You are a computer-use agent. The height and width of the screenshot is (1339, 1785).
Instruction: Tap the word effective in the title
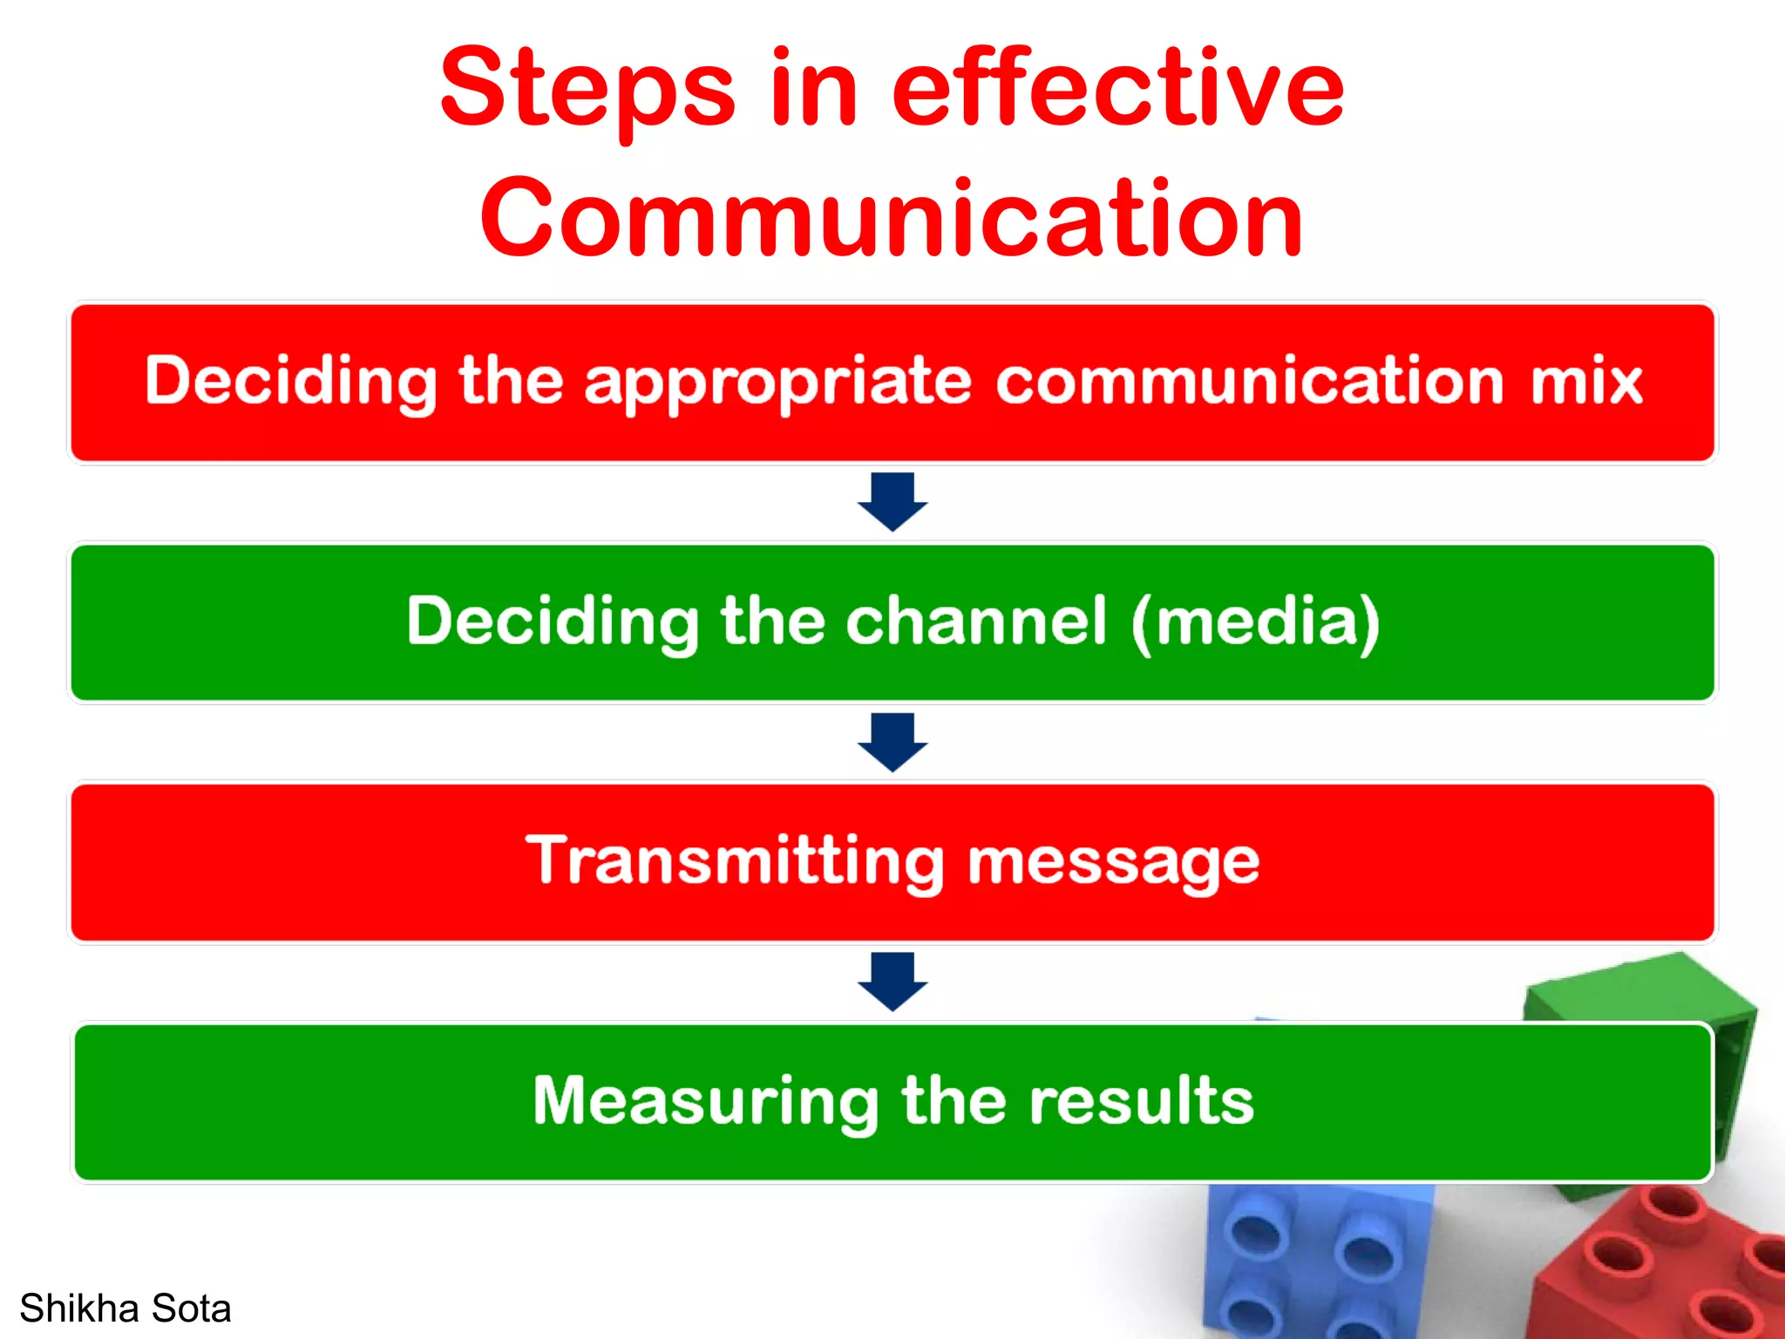point(1117,87)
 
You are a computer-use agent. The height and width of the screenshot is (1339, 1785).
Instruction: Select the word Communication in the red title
point(891,218)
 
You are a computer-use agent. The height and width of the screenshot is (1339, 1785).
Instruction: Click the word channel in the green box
point(976,621)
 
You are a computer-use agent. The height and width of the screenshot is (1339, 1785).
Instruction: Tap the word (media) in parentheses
point(1255,622)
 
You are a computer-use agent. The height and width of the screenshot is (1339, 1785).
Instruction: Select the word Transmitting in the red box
point(735,861)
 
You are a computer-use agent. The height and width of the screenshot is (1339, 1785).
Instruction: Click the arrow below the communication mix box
point(892,502)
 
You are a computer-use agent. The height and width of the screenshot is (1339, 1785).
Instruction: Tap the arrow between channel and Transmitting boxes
point(892,742)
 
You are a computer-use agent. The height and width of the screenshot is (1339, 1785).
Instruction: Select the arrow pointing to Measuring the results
point(892,982)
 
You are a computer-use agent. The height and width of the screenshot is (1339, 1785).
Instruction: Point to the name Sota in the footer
point(191,1308)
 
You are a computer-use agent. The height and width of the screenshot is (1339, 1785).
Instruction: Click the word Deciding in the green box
point(553,622)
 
